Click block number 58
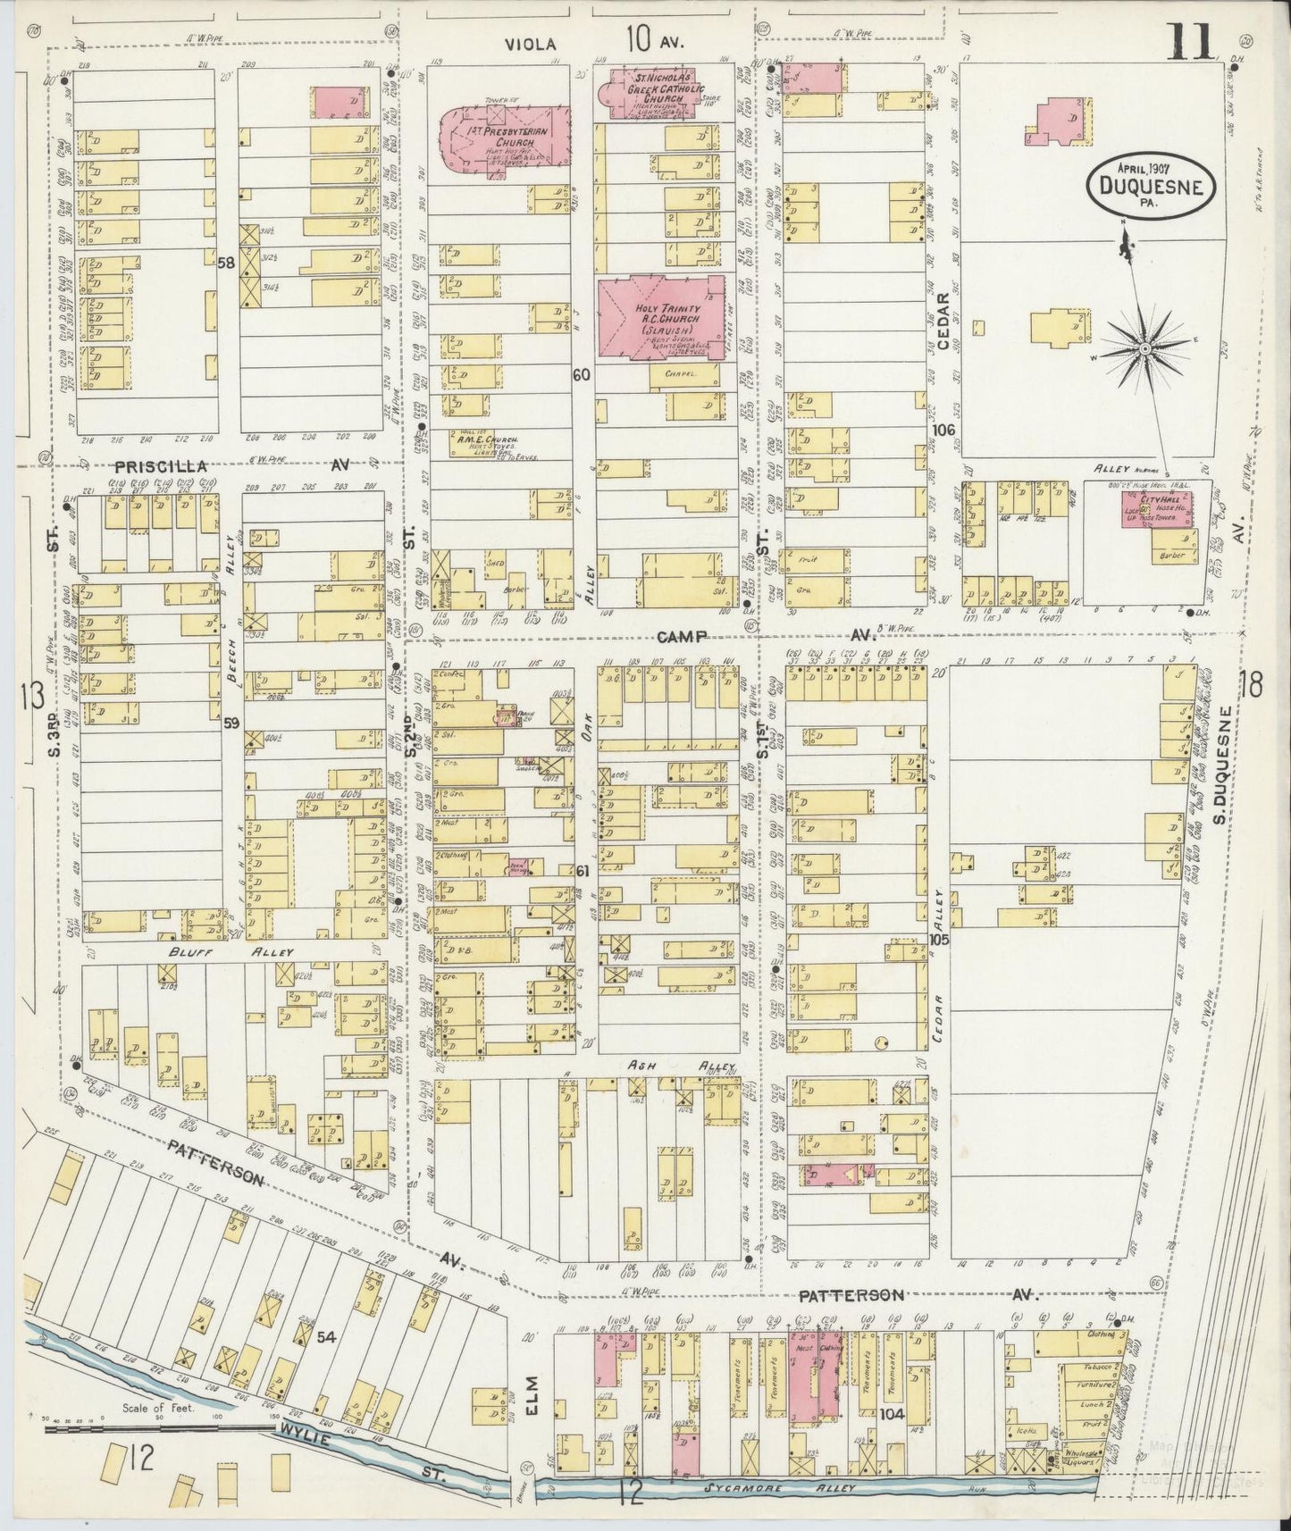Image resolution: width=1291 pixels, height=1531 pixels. pyautogui.click(x=225, y=262)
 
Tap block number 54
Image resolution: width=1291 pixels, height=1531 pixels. pyautogui.click(x=326, y=1336)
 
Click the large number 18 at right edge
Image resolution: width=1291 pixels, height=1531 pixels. pyautogui.click(x=1252, y=685)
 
